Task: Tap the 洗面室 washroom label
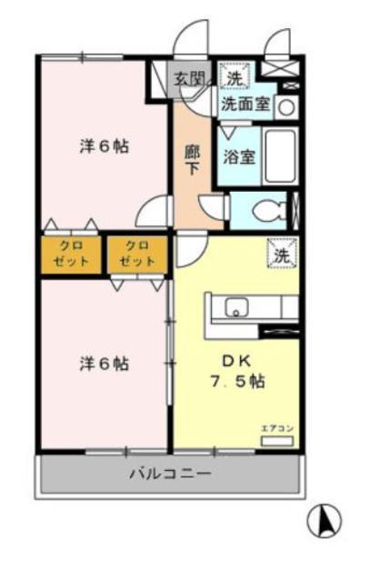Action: pyautogui.click(x=245, y=104)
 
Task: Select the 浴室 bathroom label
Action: pyautogui.click(x=239, y=156)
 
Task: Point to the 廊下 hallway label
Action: pyautogui.click(x=192, y=160)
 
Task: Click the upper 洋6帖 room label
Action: pyautogui.click(x=104, y=145)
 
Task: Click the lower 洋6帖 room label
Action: pyautogui.click(x=104, y=364)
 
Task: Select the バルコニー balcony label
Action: pyautogui.click(x=169, y=474)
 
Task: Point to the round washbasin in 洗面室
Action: pyautogui.click(x=285, y=106)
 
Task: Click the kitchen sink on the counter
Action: pyautogui.click(x=238, y=306)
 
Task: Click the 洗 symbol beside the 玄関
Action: pyautogui.click(x=235, y=79)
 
